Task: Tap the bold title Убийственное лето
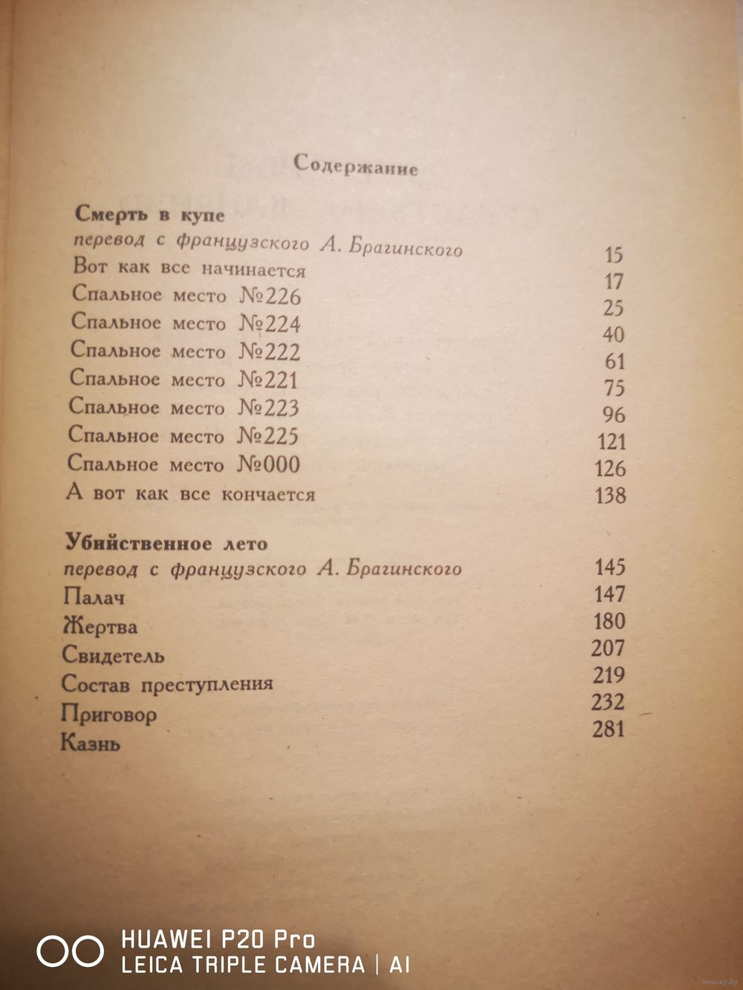(165, 543)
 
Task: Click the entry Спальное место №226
(186, 296)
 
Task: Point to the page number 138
(610, 495)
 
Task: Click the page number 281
(609, 729)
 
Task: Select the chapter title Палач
(95, 596)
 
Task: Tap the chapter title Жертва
(100, 626)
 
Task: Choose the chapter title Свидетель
(113, 656)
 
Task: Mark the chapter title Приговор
(109, 714)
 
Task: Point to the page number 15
(614, 255)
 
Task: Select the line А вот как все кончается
(191, 494)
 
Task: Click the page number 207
(609, 648)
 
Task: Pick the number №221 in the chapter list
(267, 380)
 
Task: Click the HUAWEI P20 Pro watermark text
(218, 939)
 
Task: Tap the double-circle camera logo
(71, 951)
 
